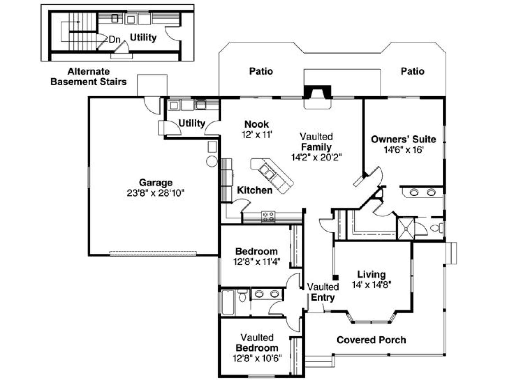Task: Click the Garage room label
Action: (155, 183)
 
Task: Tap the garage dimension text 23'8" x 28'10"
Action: (155, 193)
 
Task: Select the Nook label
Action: (256, 124)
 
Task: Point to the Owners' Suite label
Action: (403, 139)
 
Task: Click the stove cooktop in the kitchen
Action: (268, 217)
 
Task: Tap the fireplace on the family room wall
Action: (317, 92)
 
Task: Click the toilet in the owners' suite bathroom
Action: (436, 228)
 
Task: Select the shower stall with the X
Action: (406, 229)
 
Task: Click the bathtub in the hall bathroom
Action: (228, 303)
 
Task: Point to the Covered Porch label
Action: (371, 340)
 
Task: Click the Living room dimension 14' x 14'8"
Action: (372, 285)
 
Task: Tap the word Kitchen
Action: (255, 190)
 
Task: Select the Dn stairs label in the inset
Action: (114, 39)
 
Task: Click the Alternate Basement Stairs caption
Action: (89, 76)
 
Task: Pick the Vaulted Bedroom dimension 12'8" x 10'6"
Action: (257, 358)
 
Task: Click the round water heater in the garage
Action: (212, 161)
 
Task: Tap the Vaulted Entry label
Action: (323, 292)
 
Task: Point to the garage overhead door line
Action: (153, 253)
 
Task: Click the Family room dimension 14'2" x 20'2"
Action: (316, 157)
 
